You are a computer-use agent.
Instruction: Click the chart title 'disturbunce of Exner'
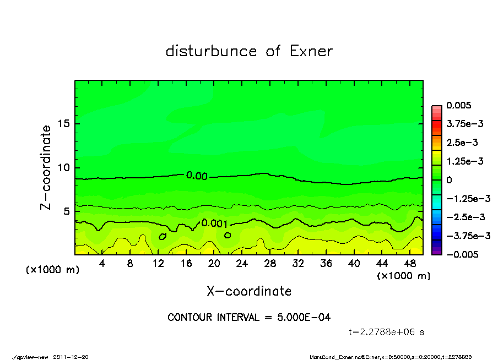(249, 52)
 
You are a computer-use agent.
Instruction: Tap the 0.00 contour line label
(197, 176)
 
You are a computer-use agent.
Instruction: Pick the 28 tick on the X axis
(270, 264)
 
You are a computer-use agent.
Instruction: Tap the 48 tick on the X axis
(409, 264)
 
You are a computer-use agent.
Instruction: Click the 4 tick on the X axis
(102, 264)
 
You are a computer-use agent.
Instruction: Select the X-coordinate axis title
(249, 291)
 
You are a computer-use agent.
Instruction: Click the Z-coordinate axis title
(47, 167)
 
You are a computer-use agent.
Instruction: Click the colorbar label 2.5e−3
(462, 143)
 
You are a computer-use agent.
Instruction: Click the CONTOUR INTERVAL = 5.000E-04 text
(249, 318)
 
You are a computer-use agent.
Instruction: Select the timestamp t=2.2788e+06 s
(386, 332)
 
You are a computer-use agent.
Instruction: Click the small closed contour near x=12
(163, 236)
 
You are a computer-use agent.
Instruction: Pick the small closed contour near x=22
(228, 235)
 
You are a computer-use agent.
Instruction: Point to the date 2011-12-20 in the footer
(71, 357)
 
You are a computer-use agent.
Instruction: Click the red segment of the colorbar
(437, 127)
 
